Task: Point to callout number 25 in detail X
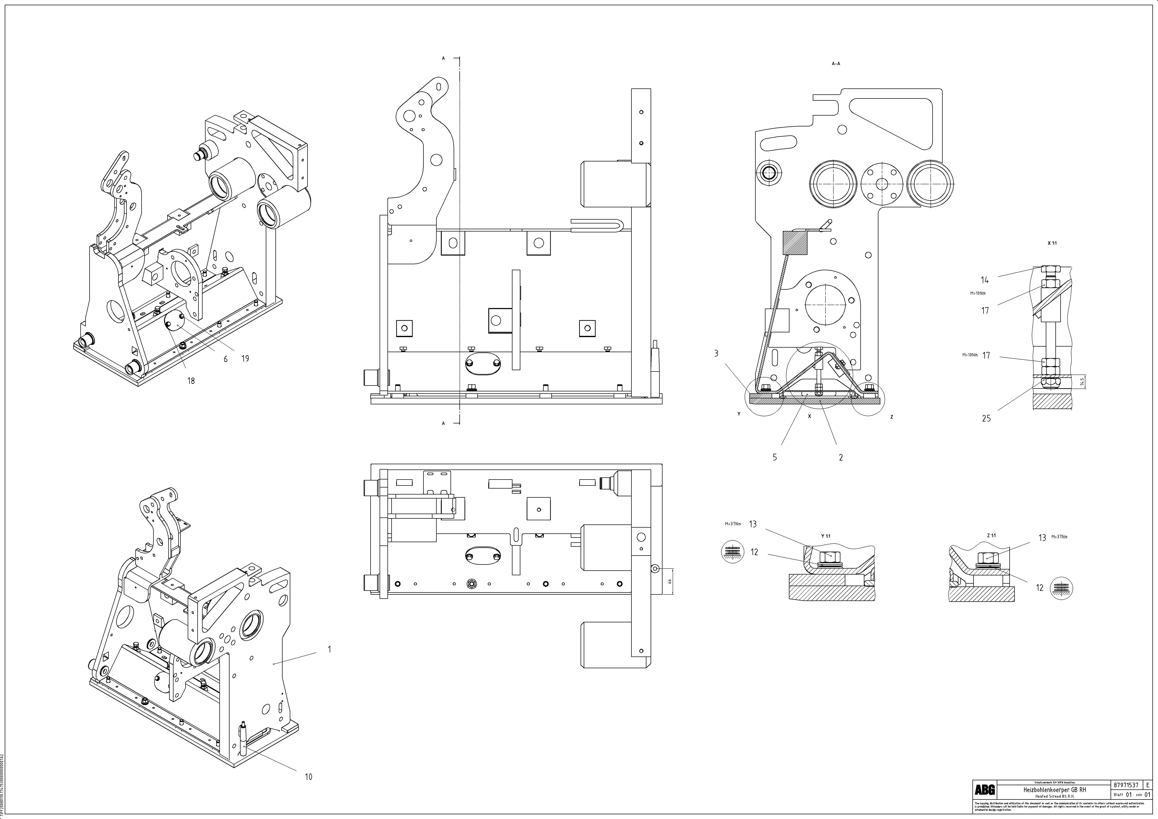point(986,418)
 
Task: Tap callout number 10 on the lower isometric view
point(308,777)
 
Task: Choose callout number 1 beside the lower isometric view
point(329,649)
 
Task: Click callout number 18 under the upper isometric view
point(191,381)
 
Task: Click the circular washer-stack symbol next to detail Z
point(1062,588)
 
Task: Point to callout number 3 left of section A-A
point(716,354)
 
